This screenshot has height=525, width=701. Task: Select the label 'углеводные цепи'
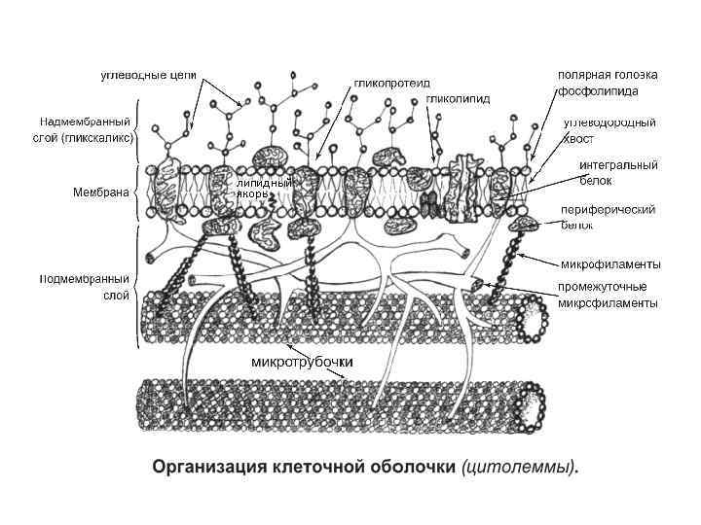[150, 75]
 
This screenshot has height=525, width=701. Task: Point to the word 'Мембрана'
[101, 192]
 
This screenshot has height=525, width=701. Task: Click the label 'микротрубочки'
[302, 362]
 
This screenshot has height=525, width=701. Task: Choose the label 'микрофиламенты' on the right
[610, 263]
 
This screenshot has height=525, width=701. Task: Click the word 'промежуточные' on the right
[602, 287]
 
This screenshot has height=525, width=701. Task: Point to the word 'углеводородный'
[609, 122]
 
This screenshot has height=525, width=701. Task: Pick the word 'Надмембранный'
[86, 122]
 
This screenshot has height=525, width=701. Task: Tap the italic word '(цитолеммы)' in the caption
[520, 468]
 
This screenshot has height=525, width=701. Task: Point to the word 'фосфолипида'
[598, 90]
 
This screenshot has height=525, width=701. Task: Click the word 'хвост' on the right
[578, 138]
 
